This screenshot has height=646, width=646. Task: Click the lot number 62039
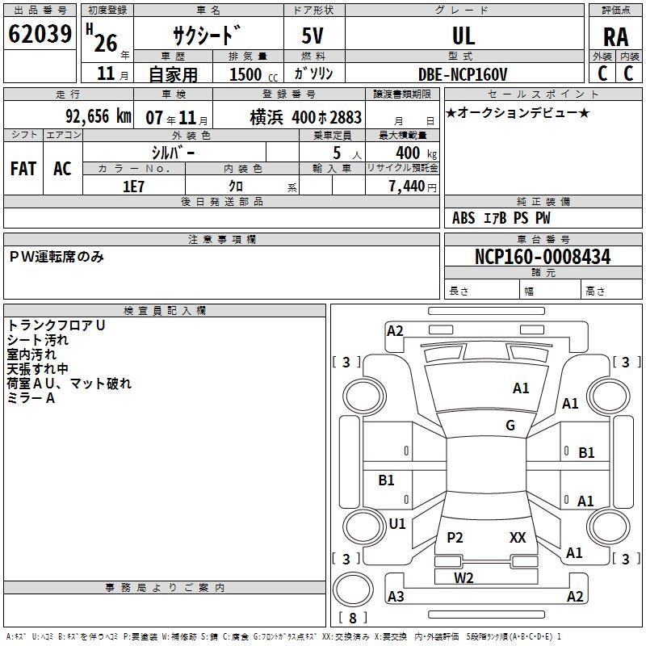click(39, 34)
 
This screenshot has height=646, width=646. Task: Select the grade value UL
click(464, 36)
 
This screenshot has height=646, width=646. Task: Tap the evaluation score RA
click(615, 36)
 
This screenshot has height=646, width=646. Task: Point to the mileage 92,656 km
click(99, 116)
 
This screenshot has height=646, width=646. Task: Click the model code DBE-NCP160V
click(464, 74)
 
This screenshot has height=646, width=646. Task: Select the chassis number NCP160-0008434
click(543, 257)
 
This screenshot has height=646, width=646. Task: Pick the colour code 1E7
click(133, 186)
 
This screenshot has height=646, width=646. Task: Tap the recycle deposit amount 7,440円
click(412, 187)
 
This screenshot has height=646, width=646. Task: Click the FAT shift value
click(23, 169)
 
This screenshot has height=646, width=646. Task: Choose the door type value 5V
click(314, 36)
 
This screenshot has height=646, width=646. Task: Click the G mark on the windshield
click(510, 426)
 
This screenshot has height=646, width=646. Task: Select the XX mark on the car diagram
click(518, 538)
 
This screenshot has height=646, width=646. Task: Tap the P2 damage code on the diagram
click(455, 538)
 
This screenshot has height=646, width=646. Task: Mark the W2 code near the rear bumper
click(464, 577)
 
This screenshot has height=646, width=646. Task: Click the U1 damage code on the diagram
click(397, 523)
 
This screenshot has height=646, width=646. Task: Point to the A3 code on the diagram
click(396, 597)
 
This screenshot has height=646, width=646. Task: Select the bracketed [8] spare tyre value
click(353, 618)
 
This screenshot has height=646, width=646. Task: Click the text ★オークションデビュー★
click(518, 112)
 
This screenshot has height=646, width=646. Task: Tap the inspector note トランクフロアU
click(57, 325)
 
